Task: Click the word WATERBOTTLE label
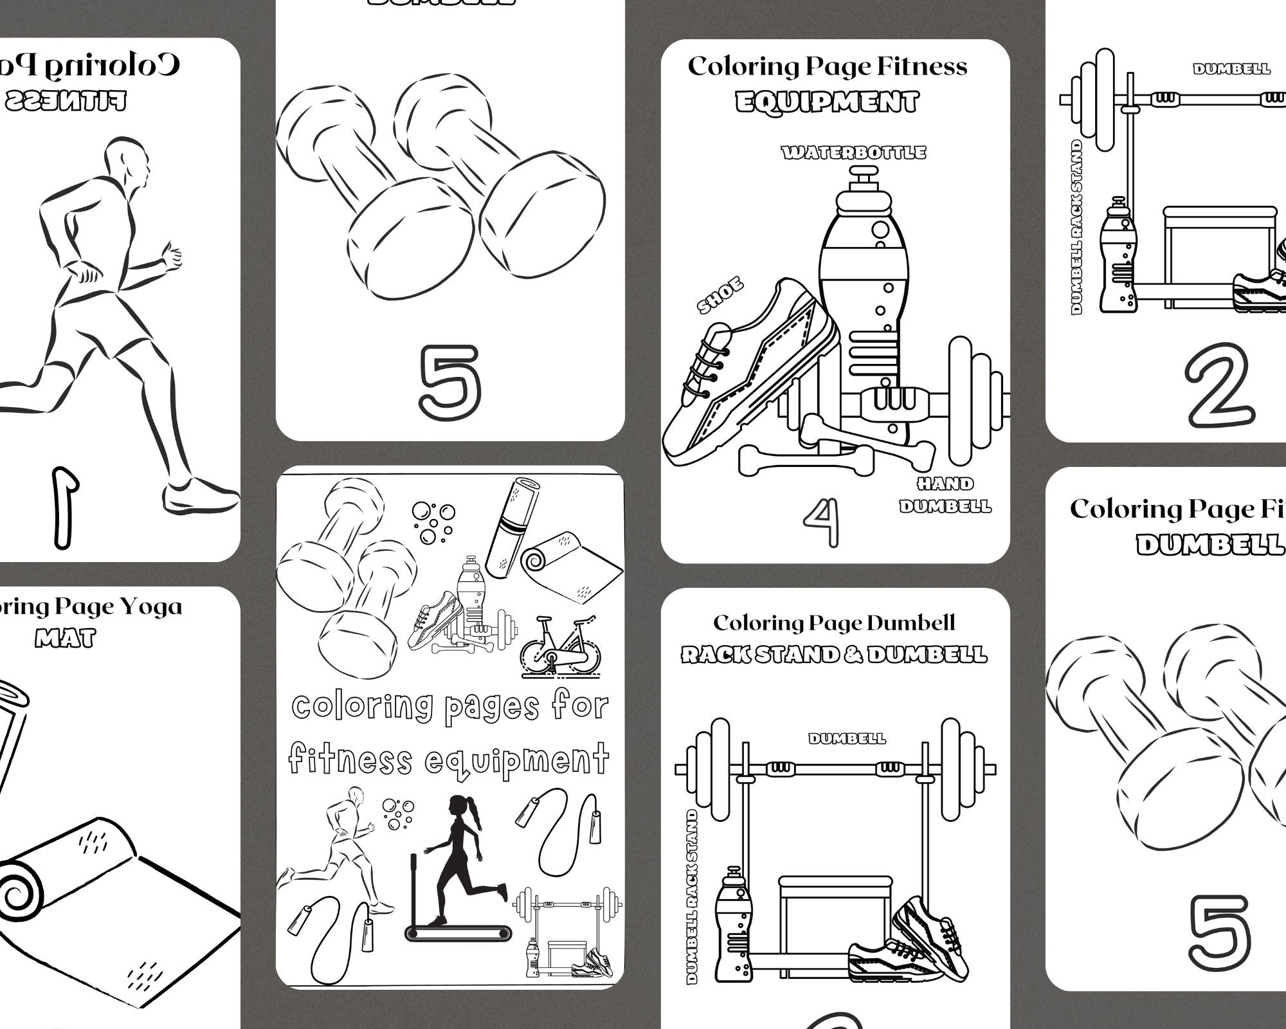tap(853, 152)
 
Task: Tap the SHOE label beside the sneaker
tap(720, 296)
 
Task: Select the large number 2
tap(1220, 389)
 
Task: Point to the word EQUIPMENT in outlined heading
tap(827, 102)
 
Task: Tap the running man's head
tap(129, 161)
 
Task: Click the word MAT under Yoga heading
tap(65, 639)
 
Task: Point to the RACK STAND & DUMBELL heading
tap(833, 655)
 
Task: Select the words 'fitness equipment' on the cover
tap(448, 759)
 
